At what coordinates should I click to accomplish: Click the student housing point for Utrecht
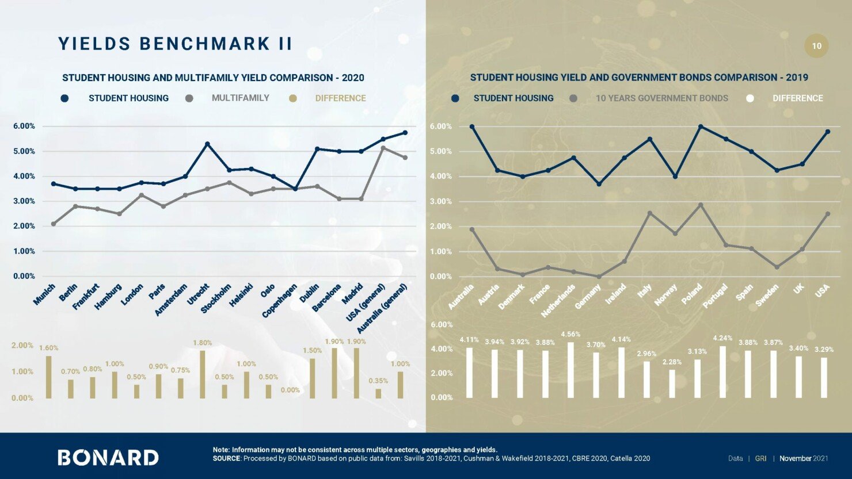pyautogui.click(x=207, y=144)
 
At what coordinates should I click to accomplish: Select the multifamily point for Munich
pyautogui.click(x=54, y=224)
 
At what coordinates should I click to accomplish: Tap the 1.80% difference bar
pyautogui.click(x=202, y=374)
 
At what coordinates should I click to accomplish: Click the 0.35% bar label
pyautogui.click(x=378, y=381)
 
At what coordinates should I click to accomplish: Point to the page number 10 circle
pyautogui.click(x=816, y=46)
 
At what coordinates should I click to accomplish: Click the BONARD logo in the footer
pyautogui.click(x=108, y=457)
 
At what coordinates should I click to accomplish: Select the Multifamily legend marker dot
pyautogui.click(x=189, y=98)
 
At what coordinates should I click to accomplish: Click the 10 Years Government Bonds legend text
pyautogui.click(x=661, y=98)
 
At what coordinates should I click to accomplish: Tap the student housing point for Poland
pyautogui.click(x=701, y=127)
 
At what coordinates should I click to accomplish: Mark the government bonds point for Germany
pyautogui.click(x=599, y=276)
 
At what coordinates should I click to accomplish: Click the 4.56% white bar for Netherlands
pyautogui.click(x=570, y=370)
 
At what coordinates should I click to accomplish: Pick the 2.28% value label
pyautogui.click(x=671, y=362)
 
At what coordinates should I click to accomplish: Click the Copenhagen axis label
pyautogui.click(x=280, y=301)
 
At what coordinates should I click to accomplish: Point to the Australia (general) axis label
pyautogui.click(x=383, y=309)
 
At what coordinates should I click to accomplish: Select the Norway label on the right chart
pyautogui.click(x=666, y=295)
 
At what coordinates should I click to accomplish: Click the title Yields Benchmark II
pyautogui.click(x=176, y=44)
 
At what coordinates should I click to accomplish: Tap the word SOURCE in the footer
pyautogui.click(x=226, y=458)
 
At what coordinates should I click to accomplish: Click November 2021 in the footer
pyautogui.click(x=804, y=458)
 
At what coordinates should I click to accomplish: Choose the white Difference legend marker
pyautogui.click(x=750, y=98)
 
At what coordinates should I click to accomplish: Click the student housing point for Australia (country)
pyautogui.click(x=472, y=127)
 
